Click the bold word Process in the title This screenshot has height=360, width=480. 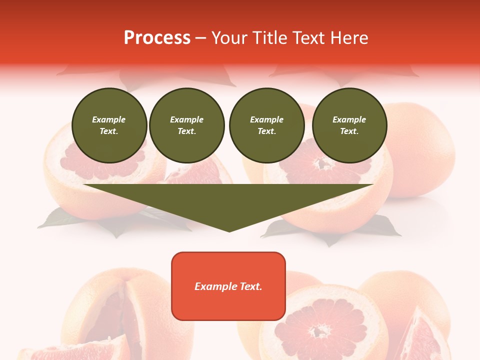[x=157, y=38]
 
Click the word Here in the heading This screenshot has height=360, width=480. [x=349, y=38]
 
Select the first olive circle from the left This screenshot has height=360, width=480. [x=109, y=125]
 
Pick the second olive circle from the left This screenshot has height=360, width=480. [x=187, y=125]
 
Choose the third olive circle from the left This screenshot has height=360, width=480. [x=266, y=125]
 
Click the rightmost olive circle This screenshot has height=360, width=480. [x=349, y=125]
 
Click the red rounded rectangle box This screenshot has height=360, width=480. [x=228, y=286]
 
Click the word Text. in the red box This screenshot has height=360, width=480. [x=250, y=286]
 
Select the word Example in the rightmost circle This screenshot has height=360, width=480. [x=349, y=119]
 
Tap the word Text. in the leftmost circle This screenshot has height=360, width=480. [x=109, y=131]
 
